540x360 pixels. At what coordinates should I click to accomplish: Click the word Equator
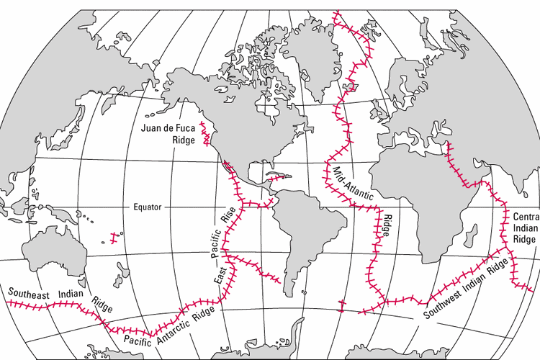[x=148, y=207]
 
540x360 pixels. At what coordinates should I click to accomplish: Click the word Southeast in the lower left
[x=29, y=293]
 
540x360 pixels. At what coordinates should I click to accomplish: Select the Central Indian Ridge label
[x=525, y=228]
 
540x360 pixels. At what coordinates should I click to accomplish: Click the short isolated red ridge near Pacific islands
[x=113, y=235]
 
